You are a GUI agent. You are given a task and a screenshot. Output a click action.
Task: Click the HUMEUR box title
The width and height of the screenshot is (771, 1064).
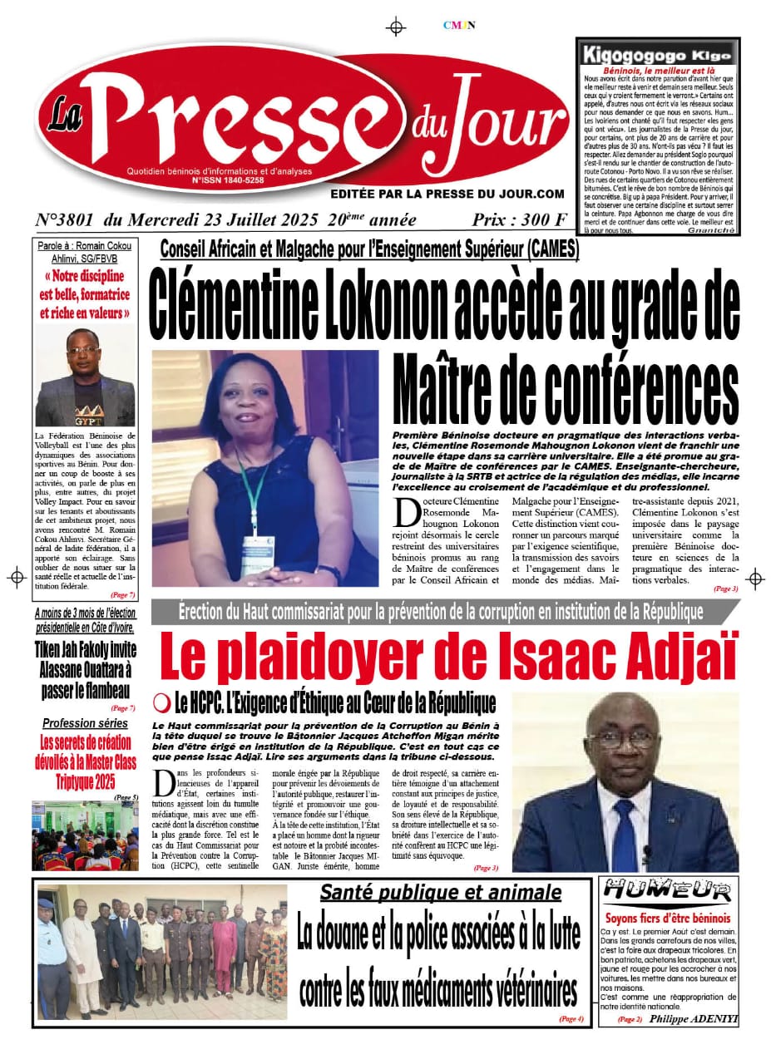tap(668, 891)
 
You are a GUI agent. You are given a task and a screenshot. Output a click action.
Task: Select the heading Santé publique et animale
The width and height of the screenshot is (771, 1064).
tap(441, 894)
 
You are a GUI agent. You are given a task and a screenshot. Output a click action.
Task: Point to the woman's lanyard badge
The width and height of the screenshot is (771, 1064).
tap(257, 545)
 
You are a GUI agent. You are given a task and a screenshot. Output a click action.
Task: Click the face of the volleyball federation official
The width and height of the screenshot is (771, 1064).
tap(85, 355)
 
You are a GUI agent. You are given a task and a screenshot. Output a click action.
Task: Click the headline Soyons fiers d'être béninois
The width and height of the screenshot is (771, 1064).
tap(668, 919)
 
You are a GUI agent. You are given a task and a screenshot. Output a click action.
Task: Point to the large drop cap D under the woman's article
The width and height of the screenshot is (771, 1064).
tap(408, 511)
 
